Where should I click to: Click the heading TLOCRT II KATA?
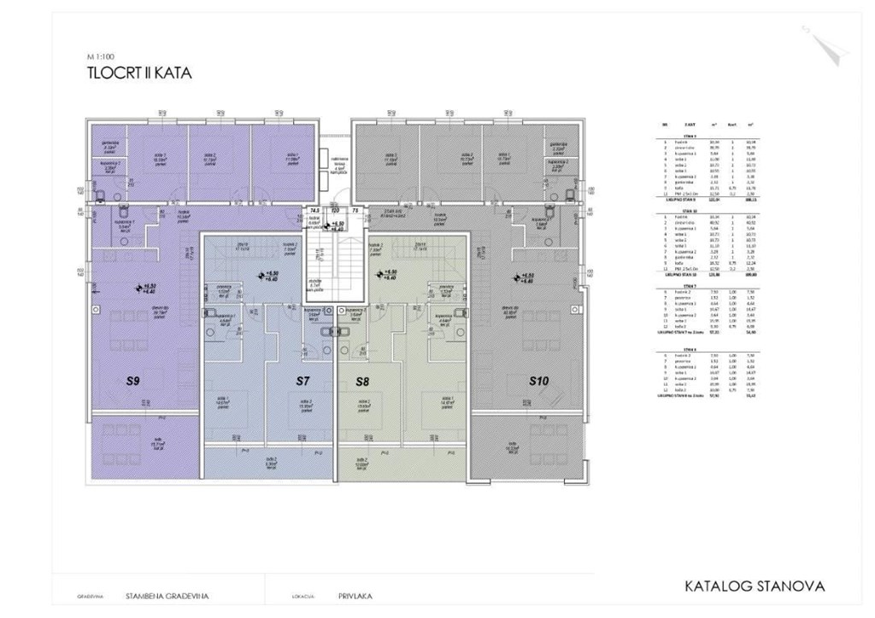point(138,73)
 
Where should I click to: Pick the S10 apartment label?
point(538,381)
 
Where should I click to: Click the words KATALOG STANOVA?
point(755,586)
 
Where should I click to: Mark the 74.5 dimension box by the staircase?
point(314,209)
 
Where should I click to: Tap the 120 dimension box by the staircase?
point(335,209)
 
